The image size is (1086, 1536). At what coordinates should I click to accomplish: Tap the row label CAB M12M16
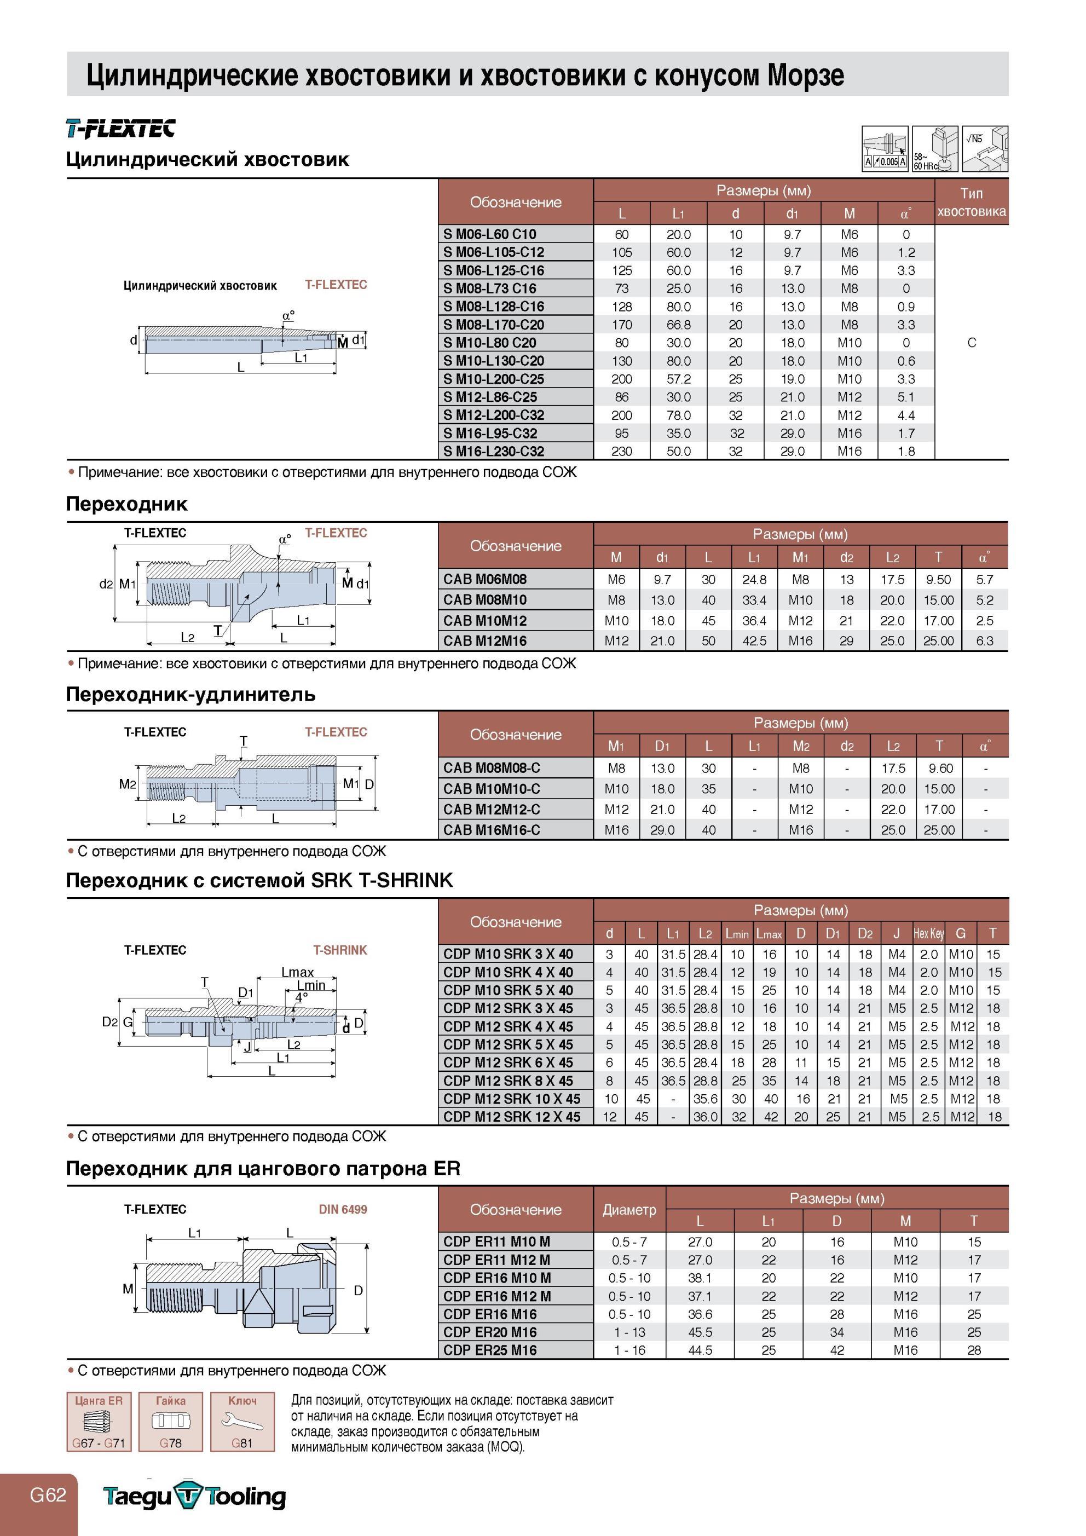(484, 641)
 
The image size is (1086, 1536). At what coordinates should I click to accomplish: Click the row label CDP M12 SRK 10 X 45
(512, 1099)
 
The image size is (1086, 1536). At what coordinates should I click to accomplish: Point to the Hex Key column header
(929, 933)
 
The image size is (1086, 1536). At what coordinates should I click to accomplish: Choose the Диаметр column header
(629, 1210)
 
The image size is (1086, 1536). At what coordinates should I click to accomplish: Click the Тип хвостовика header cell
(971, 202)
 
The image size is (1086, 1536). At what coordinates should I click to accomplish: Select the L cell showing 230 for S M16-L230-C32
(622, 452)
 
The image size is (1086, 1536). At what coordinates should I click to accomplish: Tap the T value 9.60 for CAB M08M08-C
(939, 769)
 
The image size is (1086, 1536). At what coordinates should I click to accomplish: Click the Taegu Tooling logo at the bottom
(195, 1496)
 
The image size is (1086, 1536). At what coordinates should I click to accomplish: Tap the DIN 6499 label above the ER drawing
(343, 1210)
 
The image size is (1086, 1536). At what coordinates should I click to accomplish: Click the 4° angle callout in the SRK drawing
(302, 997)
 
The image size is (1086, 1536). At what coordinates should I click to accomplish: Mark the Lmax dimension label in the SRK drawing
(298, 972)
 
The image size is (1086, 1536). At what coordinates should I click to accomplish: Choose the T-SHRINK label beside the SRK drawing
(340, 950)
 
